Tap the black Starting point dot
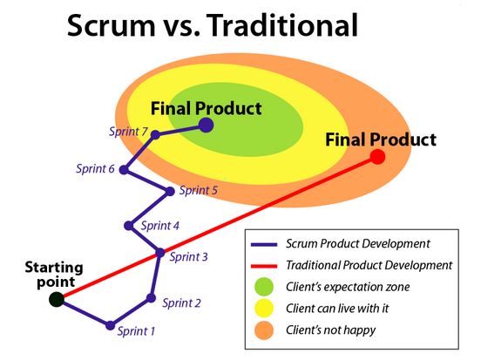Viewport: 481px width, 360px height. (x=57, y=299)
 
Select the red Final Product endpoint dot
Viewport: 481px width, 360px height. (x=377, y=157)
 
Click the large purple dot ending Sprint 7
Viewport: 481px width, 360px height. (x=207, y=126)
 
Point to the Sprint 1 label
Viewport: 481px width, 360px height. (x=135, y=331)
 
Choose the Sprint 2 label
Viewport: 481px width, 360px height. (x=181, y=302)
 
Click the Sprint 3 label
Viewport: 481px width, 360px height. (x=188, y=256)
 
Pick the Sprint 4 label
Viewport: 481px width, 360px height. (x=159, y=225)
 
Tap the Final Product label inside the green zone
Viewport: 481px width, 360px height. (x=206, y=109)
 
